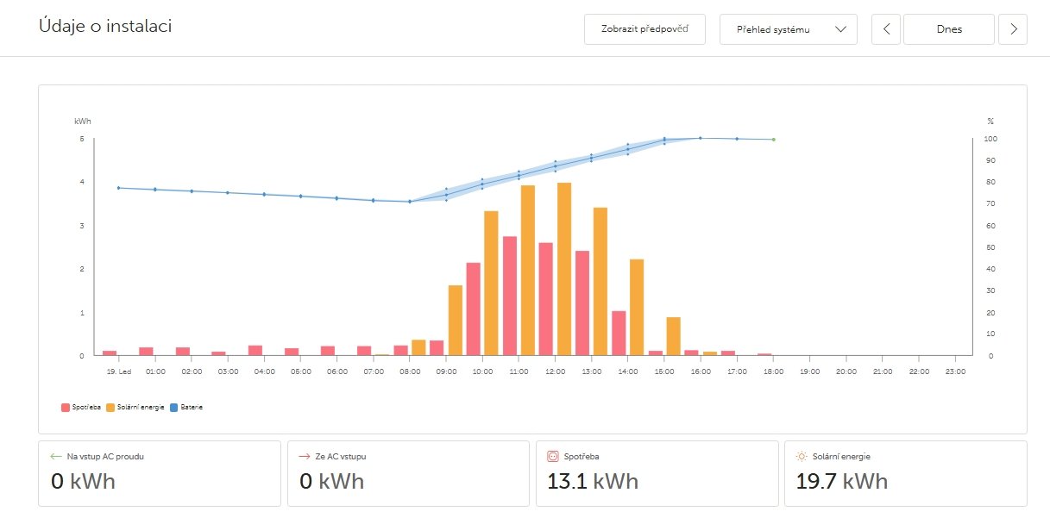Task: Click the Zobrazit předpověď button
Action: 644,29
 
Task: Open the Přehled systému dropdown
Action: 788,29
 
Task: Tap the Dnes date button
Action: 948,29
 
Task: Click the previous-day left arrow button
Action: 886,29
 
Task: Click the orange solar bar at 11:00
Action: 528,271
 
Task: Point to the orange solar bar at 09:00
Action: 456,320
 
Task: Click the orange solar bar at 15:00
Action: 673,336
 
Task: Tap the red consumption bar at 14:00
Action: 619,333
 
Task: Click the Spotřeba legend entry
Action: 82,407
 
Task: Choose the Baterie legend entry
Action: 187,407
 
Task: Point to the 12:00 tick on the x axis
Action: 556,371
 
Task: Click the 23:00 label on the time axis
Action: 954,371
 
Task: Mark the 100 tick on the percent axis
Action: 990,139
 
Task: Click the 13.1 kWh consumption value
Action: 593,481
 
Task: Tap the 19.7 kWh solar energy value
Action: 841,481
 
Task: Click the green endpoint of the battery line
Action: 773,139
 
